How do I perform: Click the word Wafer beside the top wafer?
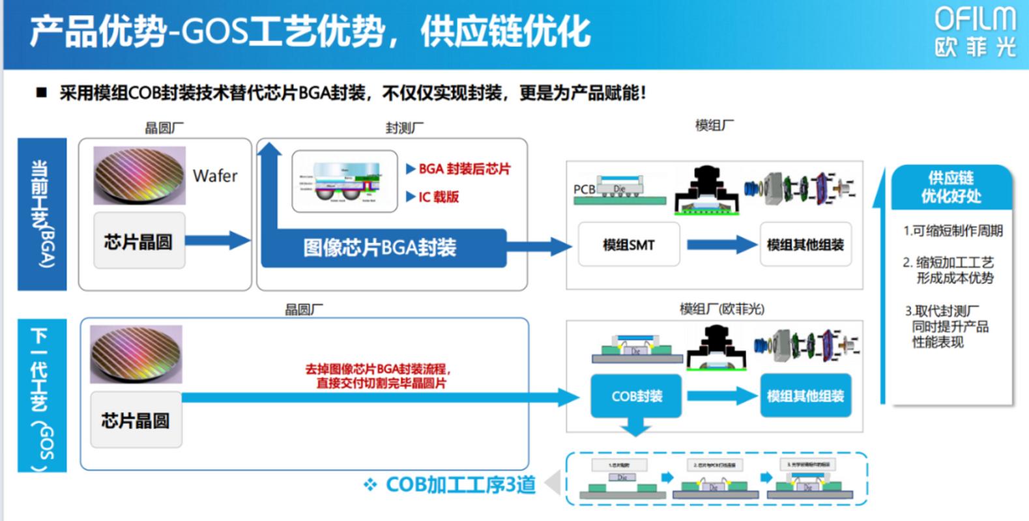pos(215,176)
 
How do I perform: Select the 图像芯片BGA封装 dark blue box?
pos(381,247)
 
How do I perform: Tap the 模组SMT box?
pos(629,245)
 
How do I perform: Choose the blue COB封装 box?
pos(636,396)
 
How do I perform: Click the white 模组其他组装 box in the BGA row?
pos(805,245)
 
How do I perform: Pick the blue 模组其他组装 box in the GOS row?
pos(805,396)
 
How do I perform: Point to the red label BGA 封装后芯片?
pos(464,169)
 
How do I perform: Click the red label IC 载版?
pos(438,197)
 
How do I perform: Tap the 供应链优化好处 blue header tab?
pos(951,187)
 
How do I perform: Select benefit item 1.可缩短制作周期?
pos(952,231)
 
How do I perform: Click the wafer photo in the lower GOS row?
pos(136,354)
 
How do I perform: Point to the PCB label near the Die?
pos(584,190)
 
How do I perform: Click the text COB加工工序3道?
pos(460,485)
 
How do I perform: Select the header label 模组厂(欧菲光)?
pos(721,309)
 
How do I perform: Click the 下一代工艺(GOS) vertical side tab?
pos(42,395)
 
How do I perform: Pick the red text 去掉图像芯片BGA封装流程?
pos(378,369)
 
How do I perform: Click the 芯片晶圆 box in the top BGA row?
pos(139,242)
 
